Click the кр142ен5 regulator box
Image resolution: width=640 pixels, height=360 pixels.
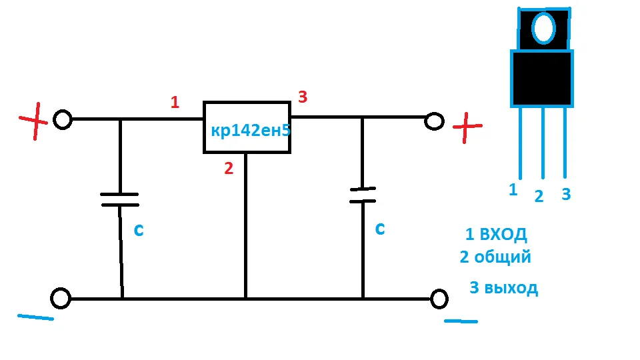pos(247,127)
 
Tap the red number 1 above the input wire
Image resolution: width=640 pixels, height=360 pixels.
pos(175,103)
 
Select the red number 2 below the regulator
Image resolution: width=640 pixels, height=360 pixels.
pos(229,169)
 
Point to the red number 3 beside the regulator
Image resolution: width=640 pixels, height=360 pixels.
pos(303,97)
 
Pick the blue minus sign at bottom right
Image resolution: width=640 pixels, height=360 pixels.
pos(461,321)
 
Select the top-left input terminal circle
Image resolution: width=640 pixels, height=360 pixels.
pos(62,120)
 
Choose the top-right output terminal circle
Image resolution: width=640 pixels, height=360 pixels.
pos(434,121)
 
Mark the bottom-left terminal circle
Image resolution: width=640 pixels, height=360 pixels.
pos(61,299)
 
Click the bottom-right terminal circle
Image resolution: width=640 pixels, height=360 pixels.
pos(439,299)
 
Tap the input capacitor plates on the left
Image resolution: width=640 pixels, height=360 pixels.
pos(120,199)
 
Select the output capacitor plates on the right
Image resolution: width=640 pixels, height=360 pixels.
pos(363,195)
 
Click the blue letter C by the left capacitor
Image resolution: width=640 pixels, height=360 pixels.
pos(139,230)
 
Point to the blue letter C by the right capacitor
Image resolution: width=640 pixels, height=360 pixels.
pos(379,229)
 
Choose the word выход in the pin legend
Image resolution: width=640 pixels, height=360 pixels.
pos(512,289)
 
